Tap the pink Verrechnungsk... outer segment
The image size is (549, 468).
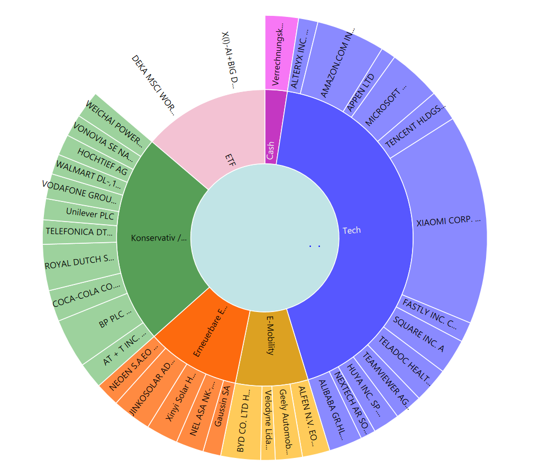(x=281, y=53)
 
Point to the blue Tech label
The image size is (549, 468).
(x=352, y=230)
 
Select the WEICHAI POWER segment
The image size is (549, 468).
(x=114, y=122)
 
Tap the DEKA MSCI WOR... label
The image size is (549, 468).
(x=153, y=85)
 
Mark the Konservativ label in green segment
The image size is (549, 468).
(x=159, y=238)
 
